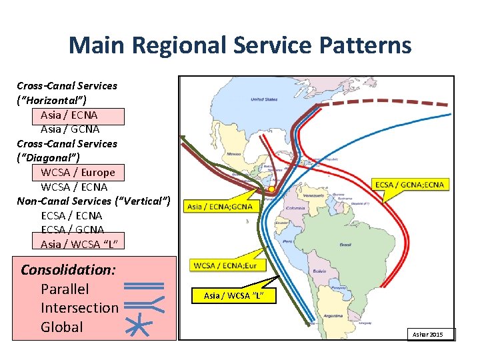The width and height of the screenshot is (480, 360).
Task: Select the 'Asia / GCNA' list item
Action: (x=70, y=129)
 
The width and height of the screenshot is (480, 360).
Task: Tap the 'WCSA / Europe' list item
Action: (x=78, y=172)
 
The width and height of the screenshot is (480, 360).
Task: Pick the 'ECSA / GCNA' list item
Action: (x=71, y=230)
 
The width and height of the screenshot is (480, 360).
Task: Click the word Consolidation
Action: (x=69, y=270)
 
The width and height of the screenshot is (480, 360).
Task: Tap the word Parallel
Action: (x=65, y=289)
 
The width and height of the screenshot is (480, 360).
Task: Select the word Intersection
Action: (x=79, y=308)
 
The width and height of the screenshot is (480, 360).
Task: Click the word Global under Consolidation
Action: (x=62, y=327)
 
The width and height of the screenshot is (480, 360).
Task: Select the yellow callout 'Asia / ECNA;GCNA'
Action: (x=220, y=207)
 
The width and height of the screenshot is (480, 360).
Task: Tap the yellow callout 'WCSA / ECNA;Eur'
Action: (x=225, y=266)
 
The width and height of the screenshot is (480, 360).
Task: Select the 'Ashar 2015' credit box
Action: (x=432, y=334)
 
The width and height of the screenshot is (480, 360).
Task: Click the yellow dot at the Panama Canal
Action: (x=271, y=190)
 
